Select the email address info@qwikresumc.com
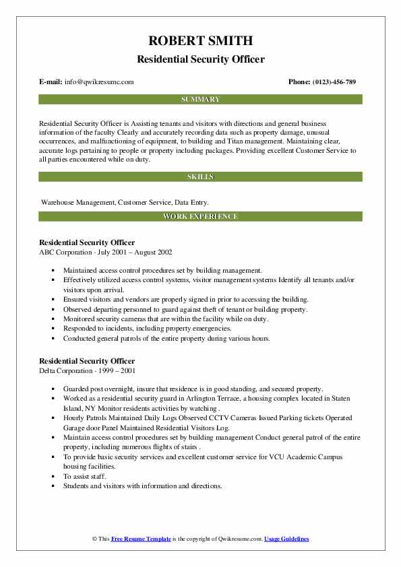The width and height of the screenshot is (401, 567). click(x=99, y=82)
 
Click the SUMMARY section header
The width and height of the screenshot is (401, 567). click(x=200, y=100)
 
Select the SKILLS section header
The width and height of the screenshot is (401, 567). click(x=200, y=176)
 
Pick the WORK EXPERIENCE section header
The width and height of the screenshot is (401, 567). click(x=200, y=216)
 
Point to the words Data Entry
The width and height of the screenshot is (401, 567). click(x=191, y=202)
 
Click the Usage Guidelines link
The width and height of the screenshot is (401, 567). click(x=286, y=539)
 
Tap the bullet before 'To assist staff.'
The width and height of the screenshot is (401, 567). click(x=53, y=476)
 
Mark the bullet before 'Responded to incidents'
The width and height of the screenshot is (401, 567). click(x=53, y=329)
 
